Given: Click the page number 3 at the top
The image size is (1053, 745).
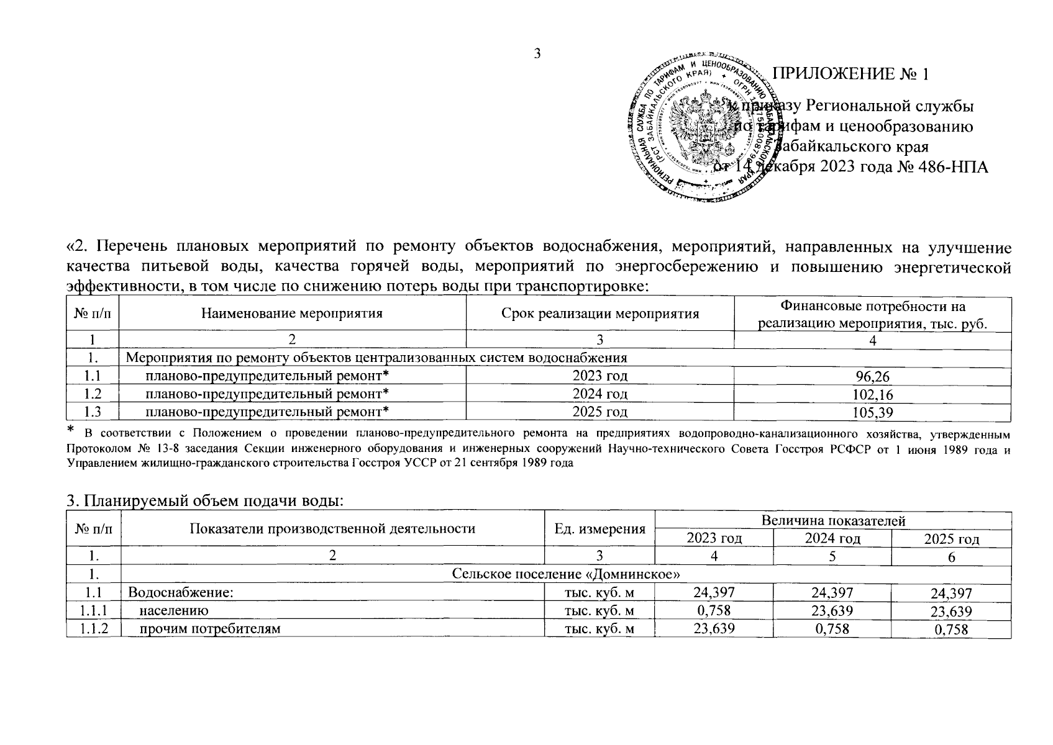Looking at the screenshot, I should (537, 53).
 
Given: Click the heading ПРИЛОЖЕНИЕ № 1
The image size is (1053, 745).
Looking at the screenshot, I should (850, 74).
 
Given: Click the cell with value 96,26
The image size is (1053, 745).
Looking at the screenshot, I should (872, 377).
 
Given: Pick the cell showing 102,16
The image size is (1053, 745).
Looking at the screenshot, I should (872, 394).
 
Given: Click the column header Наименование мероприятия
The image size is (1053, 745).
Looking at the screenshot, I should (292, 314).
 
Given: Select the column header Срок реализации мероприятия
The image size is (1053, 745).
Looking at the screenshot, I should (600, 314).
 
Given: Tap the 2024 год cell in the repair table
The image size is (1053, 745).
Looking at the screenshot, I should (600, 394).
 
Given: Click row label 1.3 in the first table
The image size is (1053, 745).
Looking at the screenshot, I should (92, 412).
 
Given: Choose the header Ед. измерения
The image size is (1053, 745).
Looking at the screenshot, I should (599, 529).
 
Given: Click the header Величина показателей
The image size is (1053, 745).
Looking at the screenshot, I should (832, 521).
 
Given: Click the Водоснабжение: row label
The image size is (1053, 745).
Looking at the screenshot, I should (180, 593).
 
